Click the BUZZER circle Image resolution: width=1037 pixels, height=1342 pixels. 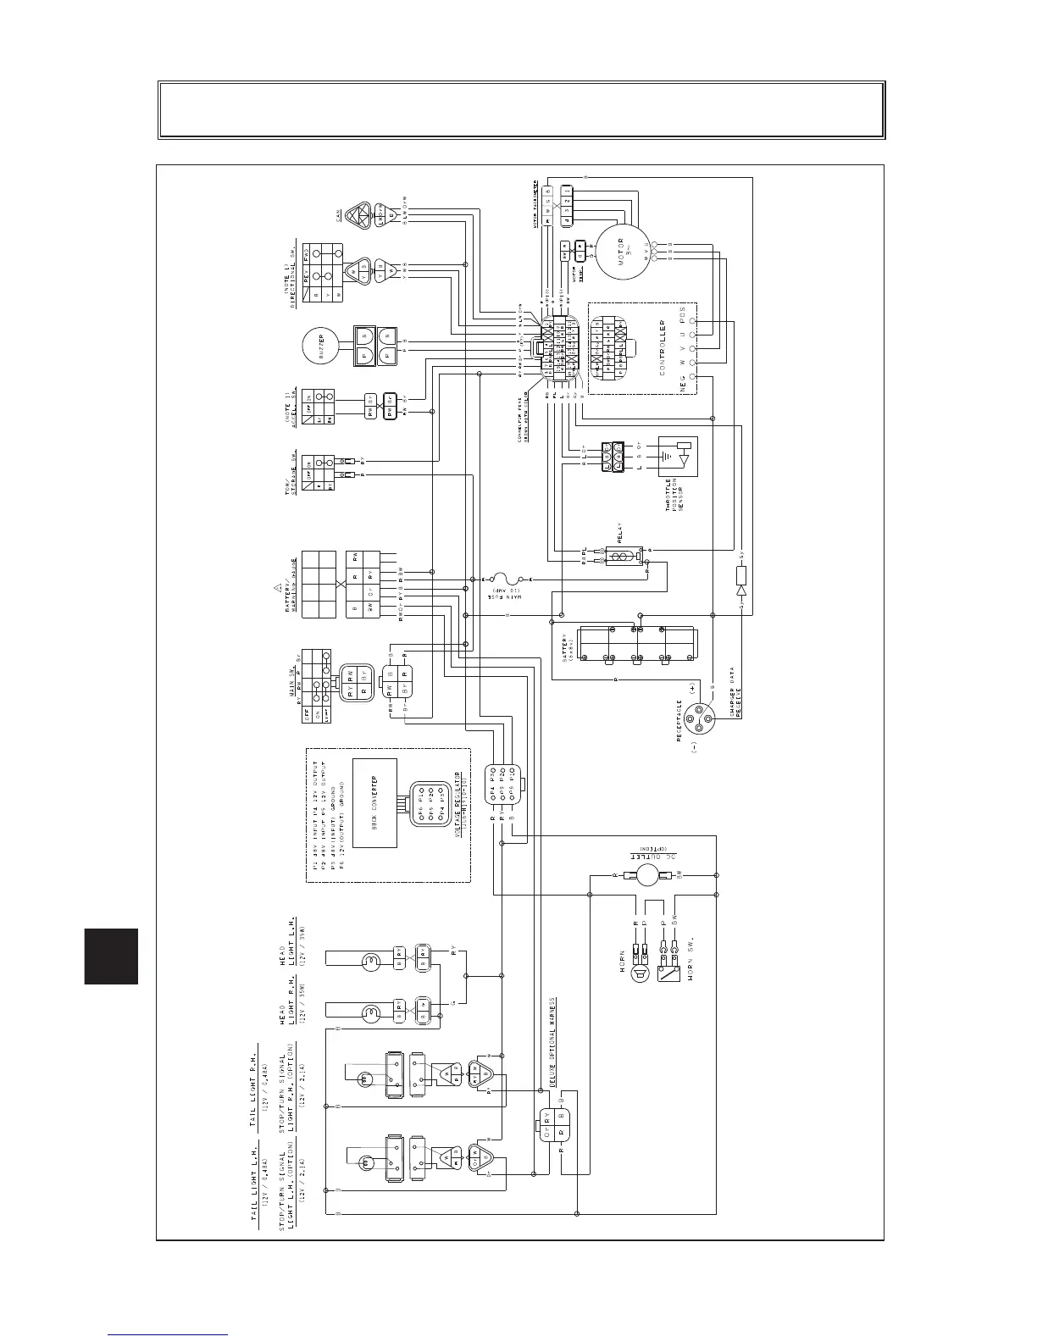pos(321,346)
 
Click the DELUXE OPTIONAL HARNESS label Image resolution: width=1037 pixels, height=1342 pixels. pos(552,1041)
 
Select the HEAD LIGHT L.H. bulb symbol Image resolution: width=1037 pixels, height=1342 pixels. pos(369,961)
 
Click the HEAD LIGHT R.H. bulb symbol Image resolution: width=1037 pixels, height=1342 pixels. pos(369,1012)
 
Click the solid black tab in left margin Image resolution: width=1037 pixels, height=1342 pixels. pos(111,956)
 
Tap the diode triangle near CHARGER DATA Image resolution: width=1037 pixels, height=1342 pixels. pos(742,590)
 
